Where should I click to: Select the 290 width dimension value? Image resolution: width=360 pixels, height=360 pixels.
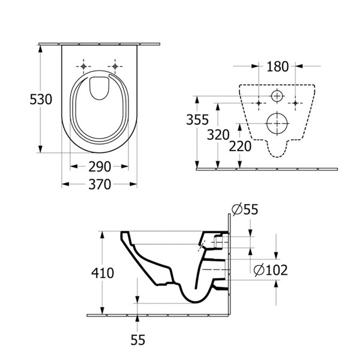(x=100, y=167)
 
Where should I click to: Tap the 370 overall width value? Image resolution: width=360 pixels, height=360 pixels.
(x=100, y=185)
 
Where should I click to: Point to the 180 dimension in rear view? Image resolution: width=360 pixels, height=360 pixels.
(x=277, y=65)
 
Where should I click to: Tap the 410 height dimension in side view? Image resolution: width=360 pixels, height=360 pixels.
(x=103, y=274)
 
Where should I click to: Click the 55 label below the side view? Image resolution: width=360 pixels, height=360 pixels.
(x=138, y=340)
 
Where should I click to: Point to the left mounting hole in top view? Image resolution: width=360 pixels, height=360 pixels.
(x=84, y=65)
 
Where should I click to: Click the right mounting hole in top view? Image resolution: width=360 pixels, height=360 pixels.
(x=114, y=65)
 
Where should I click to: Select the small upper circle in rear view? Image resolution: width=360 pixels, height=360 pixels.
(x=277, y=96)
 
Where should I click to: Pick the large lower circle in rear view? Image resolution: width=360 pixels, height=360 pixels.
(x=277, y=121)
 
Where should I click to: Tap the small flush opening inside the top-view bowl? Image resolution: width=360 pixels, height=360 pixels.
(x=98, y=89)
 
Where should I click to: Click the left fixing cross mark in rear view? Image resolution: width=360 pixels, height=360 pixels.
(x=259, y=103)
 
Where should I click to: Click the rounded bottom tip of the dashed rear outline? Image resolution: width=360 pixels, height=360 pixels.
(x=277, y=154)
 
